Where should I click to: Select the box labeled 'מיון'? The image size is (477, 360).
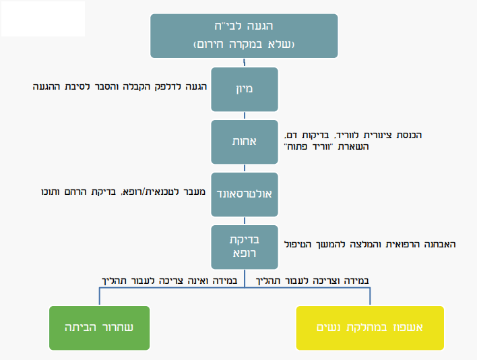(x=244, y=88)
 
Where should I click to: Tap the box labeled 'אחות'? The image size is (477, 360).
(x=244, y=142)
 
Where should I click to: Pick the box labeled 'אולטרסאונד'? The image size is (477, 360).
(x=244, y=194)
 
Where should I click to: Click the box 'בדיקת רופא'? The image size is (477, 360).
(x=244, y=247)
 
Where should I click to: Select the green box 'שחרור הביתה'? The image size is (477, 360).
(x=100, y=328)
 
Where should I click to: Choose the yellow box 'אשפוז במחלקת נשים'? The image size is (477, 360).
(x=370, y=328)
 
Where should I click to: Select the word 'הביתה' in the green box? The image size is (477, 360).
(x=80, y=328)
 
